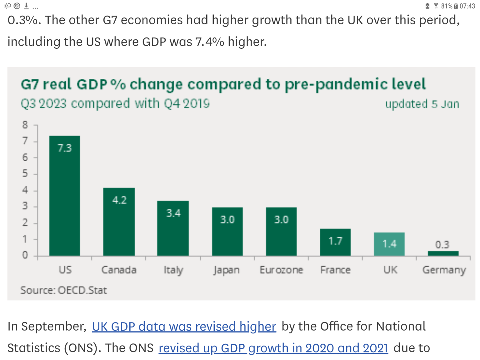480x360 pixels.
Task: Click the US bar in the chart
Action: click(x=64, y=196)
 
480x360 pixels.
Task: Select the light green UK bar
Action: click(x=389, y=244)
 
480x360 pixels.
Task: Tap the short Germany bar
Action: click(x=443, y=253)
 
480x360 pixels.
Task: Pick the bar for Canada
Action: click(x=119, y=222)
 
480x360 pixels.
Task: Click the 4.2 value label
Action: click(x=119, y=200)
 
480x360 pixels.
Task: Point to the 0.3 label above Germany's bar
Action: click(x=442, y=244)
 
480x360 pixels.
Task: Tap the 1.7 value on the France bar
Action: click(x=335, y=241)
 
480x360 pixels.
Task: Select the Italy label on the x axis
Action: click(x=173, y=270)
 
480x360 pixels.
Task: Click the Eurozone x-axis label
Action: click(x=281, y=270)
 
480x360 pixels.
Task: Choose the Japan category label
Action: click(x=227, y=270)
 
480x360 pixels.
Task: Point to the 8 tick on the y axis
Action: click(x=25, y=125)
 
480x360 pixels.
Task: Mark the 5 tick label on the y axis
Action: click(x=25, y=174)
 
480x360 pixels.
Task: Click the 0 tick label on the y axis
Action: click(x=25, y=255)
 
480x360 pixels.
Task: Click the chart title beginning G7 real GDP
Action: click(x=223, y=84)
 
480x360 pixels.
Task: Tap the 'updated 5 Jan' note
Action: click(x=422, y=104)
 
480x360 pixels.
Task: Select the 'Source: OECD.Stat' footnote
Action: click(x=64, y=290)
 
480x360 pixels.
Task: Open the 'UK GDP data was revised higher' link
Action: click(x=184, y=327)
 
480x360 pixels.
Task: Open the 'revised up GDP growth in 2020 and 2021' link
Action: click(x=273, y=348)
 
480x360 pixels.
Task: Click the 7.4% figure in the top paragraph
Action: click(x=209, y=42)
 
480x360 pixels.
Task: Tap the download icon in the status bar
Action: click(x=27, y=6)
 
